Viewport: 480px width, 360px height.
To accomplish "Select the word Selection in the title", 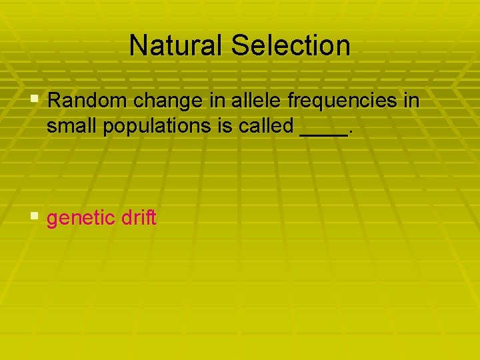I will [x=291, y=45].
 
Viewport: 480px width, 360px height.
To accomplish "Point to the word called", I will [x=262, y=126].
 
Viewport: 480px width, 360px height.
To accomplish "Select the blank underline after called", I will [x=323, y=133].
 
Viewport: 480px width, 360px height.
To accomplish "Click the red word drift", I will [x=139, y=217].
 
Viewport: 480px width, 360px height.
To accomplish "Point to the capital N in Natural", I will [x=137, y=45].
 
